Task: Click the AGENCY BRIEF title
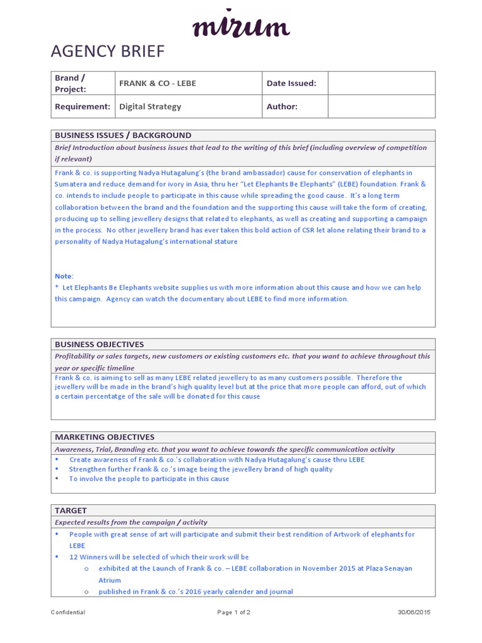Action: (107, 51)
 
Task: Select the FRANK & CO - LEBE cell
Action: (158, 83)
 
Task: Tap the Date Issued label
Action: (291, 83)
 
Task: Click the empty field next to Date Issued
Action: (381, 83)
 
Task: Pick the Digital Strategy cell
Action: (151, 106)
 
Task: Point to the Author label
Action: (282, 106)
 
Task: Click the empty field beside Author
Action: (381, 106)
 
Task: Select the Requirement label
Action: (82, 106)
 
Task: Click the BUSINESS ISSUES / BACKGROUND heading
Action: (123, 135)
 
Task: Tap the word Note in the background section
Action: (64, 276)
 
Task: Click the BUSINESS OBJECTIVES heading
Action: (99, 344)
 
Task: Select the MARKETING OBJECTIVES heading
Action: (104, 437)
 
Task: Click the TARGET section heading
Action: (71, 511)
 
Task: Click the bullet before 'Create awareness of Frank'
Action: (56, 460)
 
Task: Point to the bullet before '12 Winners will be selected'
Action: (56, 557)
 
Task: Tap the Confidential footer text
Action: (68, 612)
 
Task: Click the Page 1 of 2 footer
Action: (233, 612)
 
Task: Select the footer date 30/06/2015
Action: (414, 612)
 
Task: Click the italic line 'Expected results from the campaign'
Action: (131, 522)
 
